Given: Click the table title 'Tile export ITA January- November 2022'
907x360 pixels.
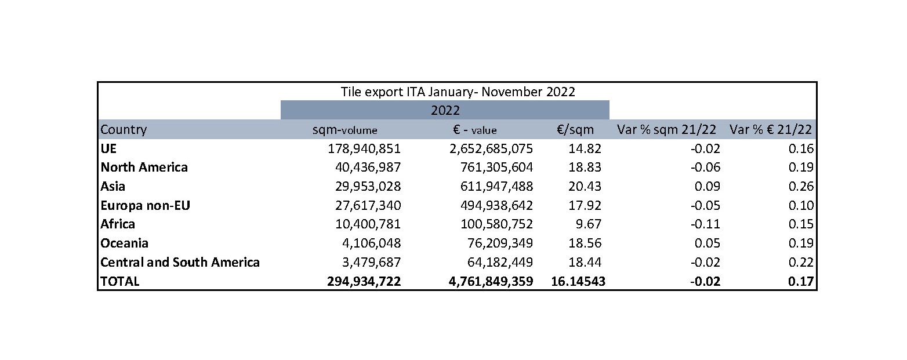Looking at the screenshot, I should point(458,91).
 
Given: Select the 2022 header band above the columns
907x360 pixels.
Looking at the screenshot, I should point(445,110).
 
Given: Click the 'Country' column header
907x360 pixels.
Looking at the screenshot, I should point(124,129).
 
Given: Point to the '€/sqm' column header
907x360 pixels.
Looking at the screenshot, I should point(575,130).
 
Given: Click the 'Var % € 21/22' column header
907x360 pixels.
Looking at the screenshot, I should point(771,130).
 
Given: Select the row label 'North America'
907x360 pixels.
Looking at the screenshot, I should point(144,168).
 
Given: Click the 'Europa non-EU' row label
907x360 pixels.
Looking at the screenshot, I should point(145,205).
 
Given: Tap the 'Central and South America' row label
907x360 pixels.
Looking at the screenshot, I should point(180,262).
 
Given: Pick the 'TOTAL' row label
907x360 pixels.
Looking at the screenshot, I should point(120,281).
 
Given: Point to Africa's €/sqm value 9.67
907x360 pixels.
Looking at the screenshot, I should point(587,224).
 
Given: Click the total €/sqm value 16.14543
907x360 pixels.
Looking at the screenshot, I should point(577,281).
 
